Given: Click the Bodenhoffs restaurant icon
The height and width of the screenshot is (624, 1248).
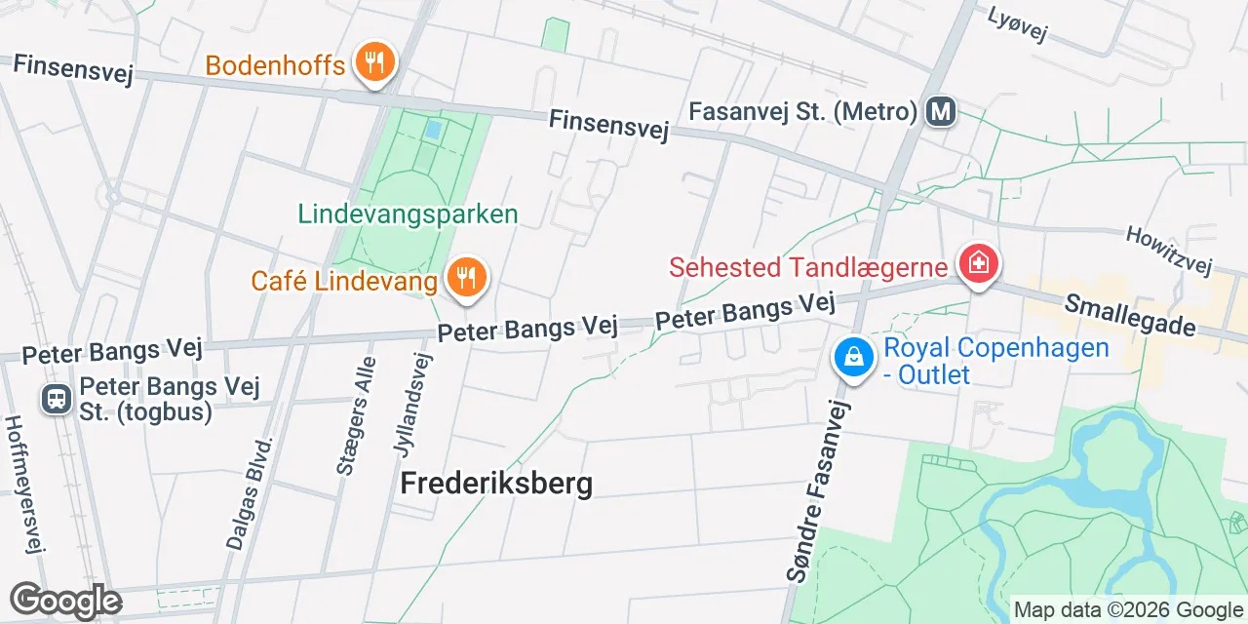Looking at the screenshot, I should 372,64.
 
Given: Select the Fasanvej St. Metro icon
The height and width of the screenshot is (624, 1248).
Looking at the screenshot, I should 941,111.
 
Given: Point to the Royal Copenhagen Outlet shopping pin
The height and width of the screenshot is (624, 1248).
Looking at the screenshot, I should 852,358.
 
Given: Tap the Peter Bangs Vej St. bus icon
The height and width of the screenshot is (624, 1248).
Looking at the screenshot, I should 57,398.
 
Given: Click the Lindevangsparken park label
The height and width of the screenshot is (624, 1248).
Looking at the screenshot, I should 408,214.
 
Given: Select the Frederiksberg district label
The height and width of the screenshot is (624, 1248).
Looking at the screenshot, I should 496,484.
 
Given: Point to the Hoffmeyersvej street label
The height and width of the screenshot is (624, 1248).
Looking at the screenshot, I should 25,484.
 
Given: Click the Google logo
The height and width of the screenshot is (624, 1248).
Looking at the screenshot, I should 64,602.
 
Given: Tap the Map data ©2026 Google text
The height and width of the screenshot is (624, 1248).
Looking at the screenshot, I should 1129,610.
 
